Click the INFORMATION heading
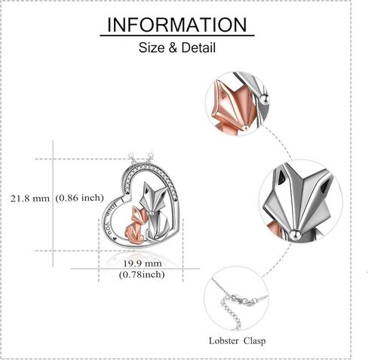pyautogui.click(x=177, y=25)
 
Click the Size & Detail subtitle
pyautogui.click(x=177, y=48)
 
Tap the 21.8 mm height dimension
pyautogui.click(x=30, y=198)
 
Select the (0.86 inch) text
pyautogui.click(x=79, y=198)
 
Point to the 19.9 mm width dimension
pyautogui.click(x=142, y=263)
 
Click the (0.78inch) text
pyautogui.click(x=142, y=274)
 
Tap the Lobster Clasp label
pyautogui.click(x=237, y=341)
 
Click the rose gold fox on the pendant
pyautogui.click(x=135, y=225)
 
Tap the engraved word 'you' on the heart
pyautogui.click(x=109, y=228)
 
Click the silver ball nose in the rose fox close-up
pyautogui.click(x=245, y=128)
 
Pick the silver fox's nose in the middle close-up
pyautogui.click(x=295, y=234)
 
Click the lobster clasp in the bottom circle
pyautogui.click(x=241, y=299)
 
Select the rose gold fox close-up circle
pyautogui.click(x=237, y=103)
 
